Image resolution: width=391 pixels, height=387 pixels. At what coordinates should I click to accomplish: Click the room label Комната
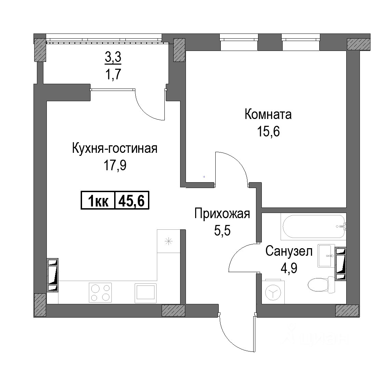click(268, 115)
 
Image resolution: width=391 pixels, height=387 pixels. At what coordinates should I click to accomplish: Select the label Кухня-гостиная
click(115, 148)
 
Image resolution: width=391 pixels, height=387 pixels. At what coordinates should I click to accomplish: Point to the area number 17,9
click(115, 165)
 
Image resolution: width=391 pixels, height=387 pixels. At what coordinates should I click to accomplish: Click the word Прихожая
click(222, 214)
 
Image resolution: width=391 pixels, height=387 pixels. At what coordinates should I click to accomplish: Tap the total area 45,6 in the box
click(132, 200)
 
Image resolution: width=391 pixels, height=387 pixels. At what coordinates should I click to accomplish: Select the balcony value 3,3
click(113, 57)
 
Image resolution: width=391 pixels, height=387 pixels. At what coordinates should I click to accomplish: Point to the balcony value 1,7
click(113, 74)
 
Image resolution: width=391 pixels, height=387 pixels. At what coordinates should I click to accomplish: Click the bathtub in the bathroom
click(314, 226)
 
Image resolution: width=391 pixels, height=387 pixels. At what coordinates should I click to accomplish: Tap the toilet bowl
click(322, 284)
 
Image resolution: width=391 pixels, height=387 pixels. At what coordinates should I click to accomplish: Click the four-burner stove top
click(100, 293)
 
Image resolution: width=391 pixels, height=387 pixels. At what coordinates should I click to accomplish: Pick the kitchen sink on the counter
click(146, 293)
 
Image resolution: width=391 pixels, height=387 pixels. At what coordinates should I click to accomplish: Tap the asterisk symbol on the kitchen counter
click(169, 241)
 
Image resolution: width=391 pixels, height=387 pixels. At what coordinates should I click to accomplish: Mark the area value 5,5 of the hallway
click(222, 231)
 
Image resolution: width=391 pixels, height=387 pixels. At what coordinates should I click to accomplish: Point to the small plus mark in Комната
click(204, 177)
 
